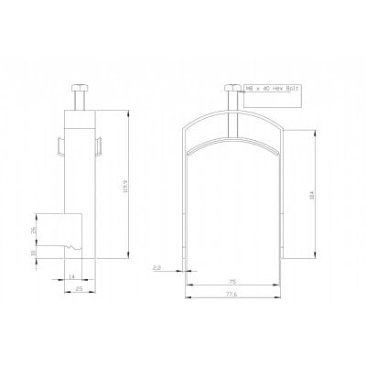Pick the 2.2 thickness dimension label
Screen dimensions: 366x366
coord(157,266)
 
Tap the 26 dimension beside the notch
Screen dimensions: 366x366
coord(35,230)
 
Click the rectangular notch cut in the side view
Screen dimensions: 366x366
coord(66,230)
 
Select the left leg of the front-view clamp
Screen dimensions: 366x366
coord(188,210)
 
